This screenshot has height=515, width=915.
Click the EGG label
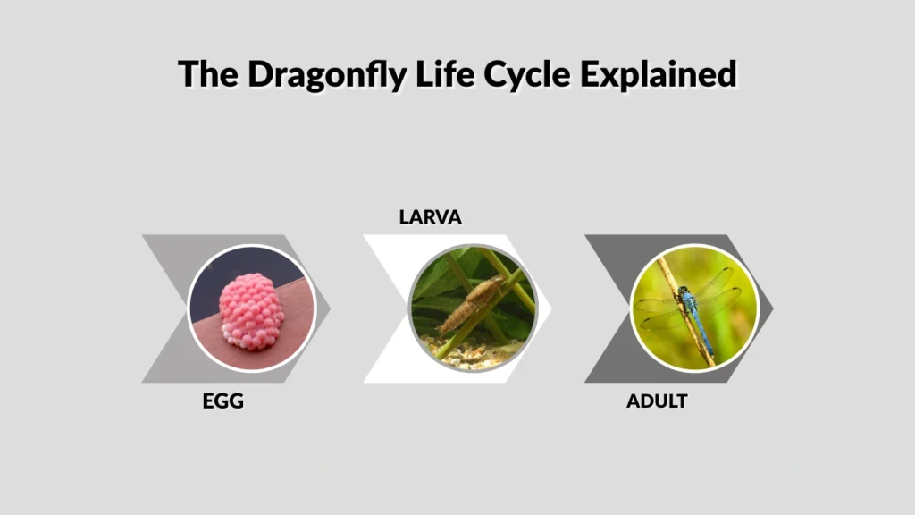pyautogui.click(x=222, y=401)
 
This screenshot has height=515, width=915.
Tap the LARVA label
pyautogui.click(x=430, y=216)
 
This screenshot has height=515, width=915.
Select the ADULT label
pyautogui.click(x=657, y=401)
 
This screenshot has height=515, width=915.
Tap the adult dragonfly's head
pyautogui.click(x=684, y=291)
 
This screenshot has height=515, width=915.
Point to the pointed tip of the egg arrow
pyautogui.click(x=329, y=308)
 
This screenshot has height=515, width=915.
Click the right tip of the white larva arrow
pyautogui.click(x=550, y=308)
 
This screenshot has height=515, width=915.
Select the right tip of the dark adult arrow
pyautogui.click(x=772, y=308)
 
